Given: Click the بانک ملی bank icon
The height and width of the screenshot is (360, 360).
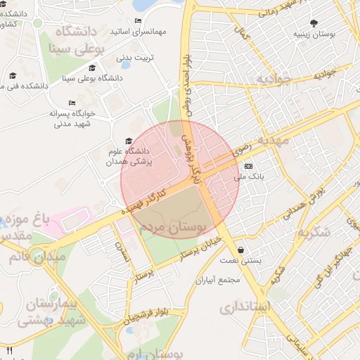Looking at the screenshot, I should pyautogui.click(x=248, y=166).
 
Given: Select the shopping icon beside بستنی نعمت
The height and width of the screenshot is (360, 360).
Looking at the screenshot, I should pyautogui.click(x=241, y=250).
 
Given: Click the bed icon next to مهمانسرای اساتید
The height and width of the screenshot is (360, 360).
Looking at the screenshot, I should pyautogui.click(x=138, y=21).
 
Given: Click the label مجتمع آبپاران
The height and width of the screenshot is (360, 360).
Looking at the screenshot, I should pyautogui.click(x=218, y=280).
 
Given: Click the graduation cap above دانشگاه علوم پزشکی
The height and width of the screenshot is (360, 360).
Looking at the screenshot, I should pyautogui.click(x=128, y=141).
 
